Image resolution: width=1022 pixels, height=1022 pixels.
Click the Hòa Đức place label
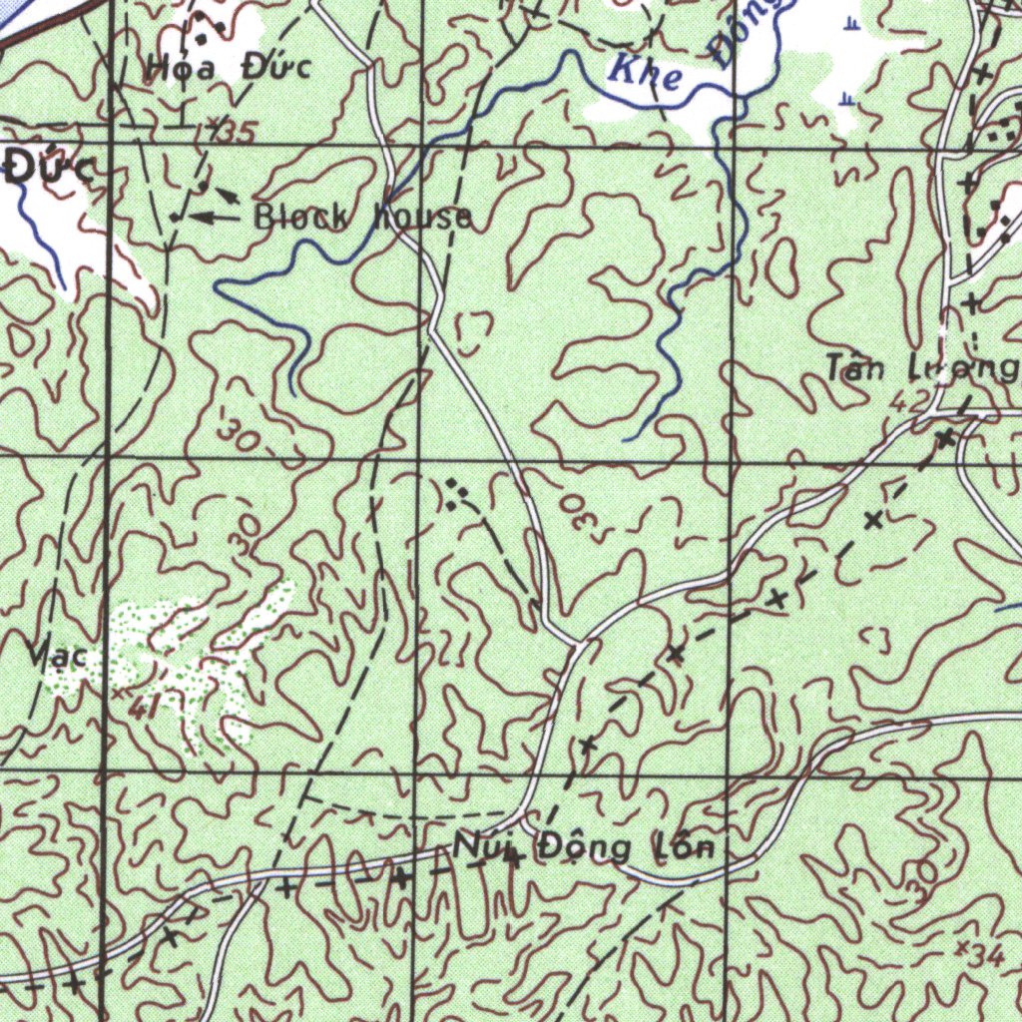click(x=229, y=68)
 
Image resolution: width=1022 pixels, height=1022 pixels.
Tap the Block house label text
click(x=363, y=217)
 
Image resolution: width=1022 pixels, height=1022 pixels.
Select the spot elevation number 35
click(x=241, y=131)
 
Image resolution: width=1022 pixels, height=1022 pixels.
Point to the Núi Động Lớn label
click(x=585, y=849)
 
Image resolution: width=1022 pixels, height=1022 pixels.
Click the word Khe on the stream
click(x=646, y=76)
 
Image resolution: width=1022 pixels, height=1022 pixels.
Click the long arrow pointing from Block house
click(x=215, y=216)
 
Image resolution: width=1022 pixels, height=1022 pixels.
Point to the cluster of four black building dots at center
click(x=457, y=493)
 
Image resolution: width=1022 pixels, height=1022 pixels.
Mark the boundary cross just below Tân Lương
click(x=944, y=437)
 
